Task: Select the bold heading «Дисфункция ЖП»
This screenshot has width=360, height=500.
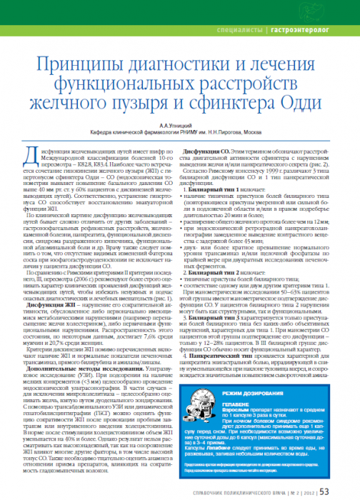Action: coord(47,264)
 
